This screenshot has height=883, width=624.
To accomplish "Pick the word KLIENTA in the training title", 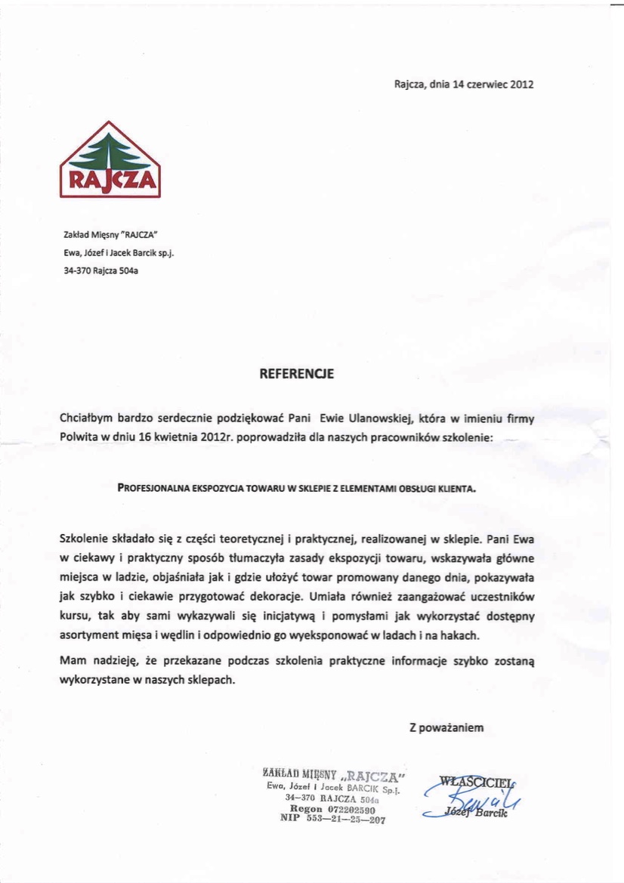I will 454,489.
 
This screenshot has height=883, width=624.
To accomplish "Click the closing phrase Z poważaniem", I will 446,728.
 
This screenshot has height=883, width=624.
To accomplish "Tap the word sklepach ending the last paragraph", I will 211,679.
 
